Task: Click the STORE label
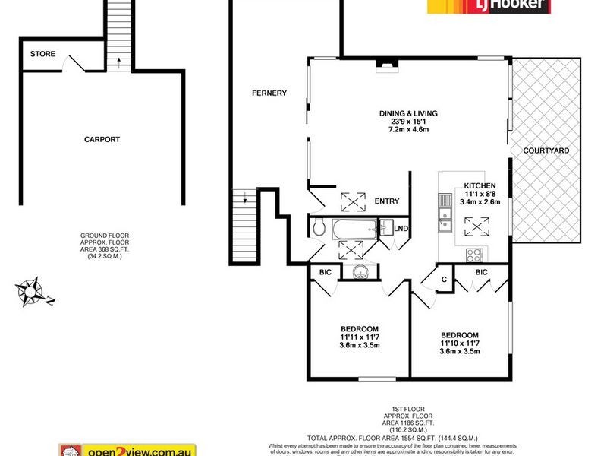(43, 54)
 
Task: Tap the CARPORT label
(102, 139)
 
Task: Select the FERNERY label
(269, 93)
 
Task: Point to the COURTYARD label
(546, 150)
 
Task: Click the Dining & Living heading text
(409, 113)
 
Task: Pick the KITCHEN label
(480, 185)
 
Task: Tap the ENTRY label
(387, 201)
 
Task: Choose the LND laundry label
(401, 228)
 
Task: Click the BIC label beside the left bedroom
(326, 271)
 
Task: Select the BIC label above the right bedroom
(481, 271)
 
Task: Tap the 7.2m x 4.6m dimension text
(409, 130)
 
